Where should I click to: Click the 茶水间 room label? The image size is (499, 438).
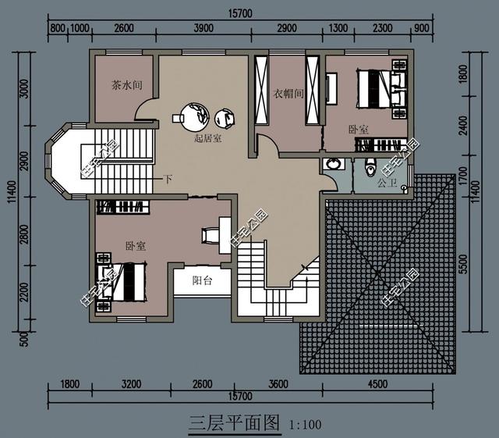(x=126, y=86)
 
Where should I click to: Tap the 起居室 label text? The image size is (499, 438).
(x=207, y=138)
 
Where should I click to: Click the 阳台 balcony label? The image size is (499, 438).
(x=201, y=281)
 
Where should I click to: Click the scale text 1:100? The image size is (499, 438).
(x=305, y=426)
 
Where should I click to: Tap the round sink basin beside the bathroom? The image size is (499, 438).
(x=333, y=165)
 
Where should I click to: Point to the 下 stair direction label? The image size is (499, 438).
(x=168, y=180)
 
